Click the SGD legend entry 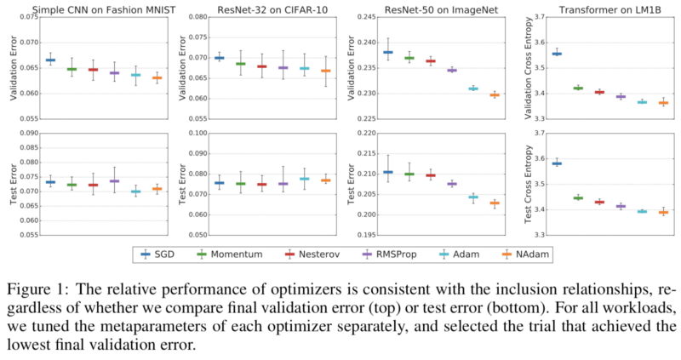click(x=159, y=254)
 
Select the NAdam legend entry click(x=529, y=254)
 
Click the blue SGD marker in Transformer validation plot click(x=557, y=54)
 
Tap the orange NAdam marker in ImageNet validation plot click(x=495, y=95)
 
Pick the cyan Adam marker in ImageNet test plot click(x=473, y=197)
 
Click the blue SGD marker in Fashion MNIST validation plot click(x=50, y=60)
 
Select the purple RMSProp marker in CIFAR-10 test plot click(x=283, y=184)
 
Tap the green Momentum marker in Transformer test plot click(x=578, y=197)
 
